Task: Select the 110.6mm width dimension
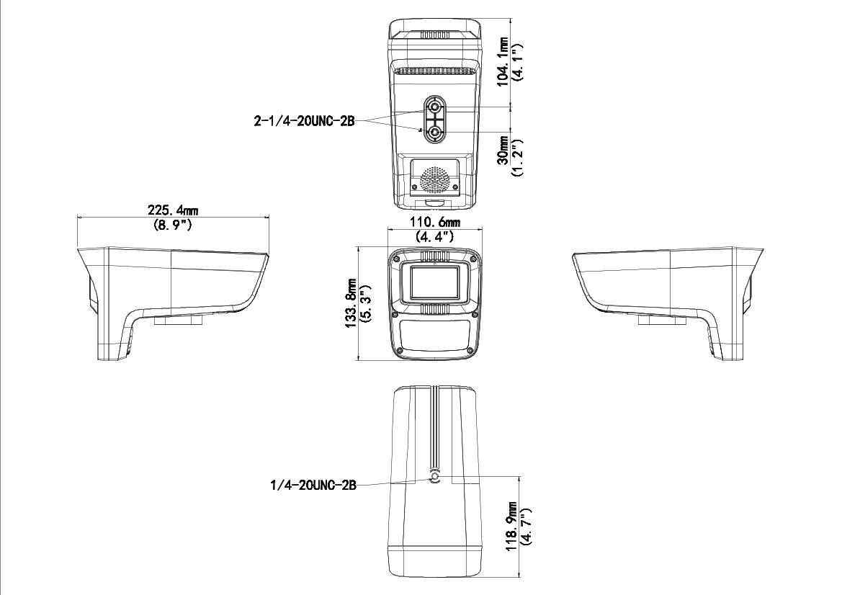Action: point(434,222)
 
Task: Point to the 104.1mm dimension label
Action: point(503,61)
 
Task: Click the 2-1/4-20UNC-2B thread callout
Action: point(304,121)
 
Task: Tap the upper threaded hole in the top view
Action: point(435,109)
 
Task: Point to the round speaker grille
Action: point(434,180)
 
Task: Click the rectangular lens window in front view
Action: point(434,282)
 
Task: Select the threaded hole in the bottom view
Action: point(434,479)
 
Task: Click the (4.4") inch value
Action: point(434,236)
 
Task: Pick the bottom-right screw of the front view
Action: point(471,351)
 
